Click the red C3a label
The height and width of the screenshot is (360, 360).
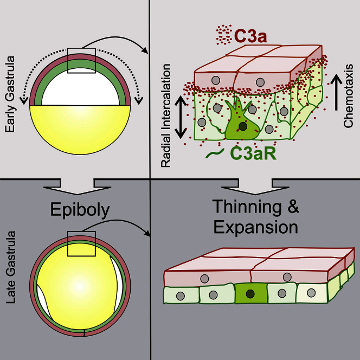[249, 35]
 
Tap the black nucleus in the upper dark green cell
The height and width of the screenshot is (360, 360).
[243, 126]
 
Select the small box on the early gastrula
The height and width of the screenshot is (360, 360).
[81, 60]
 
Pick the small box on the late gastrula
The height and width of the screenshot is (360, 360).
[81, 244]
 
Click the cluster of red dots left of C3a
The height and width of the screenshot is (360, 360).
[221, 35]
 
